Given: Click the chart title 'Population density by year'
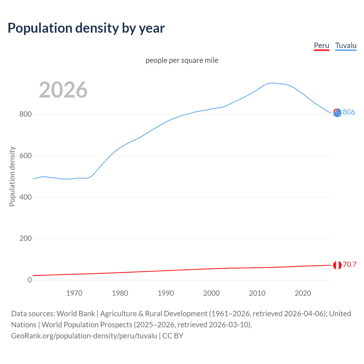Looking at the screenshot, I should point(86,28).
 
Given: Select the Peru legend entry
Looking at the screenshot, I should point(321,45).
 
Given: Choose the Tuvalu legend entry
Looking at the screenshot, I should point(346,45).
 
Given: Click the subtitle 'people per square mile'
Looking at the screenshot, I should point(182,60).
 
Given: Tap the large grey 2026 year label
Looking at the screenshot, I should point(63,90).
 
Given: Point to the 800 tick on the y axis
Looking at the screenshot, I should point(25,114).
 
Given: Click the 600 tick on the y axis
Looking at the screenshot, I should point(25,156).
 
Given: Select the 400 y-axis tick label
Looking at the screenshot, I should point(25,197).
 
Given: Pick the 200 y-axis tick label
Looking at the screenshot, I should point(25,238).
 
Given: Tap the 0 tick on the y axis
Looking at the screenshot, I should point(30,280).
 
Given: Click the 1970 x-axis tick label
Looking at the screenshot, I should point(74,293).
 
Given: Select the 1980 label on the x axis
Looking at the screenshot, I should point(120,293).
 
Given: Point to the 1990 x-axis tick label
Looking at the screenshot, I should point(166,293).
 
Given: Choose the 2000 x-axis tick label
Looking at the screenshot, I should point(211,293).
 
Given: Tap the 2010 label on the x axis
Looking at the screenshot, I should point(257,293).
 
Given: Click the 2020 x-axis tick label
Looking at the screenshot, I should point(303,293).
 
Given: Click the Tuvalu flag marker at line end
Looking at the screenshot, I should point(337,113).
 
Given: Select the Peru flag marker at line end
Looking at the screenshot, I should point(337,265).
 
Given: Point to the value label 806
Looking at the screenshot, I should point(349,112).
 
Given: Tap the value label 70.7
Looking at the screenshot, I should point(349,264).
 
